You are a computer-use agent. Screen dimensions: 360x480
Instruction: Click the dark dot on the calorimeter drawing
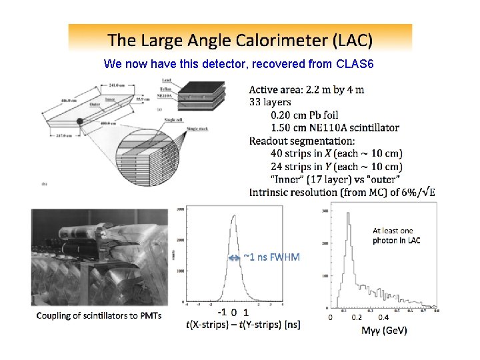[x=79, y=121]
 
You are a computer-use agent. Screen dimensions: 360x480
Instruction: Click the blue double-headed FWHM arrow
[x=233, y=257]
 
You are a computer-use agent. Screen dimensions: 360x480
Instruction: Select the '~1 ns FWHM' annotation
[x=272, y=257]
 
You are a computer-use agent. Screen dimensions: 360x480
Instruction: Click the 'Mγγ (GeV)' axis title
[x=384, y=331]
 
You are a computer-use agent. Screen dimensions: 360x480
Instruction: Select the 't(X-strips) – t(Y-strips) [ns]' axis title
[x=243, y=325]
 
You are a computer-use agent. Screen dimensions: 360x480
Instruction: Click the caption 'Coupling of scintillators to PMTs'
[x=99, y=315]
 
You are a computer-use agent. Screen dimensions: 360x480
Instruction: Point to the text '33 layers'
[x=270, y=102]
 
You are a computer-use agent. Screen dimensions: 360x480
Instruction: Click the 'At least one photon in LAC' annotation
[x=397, y=235]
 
